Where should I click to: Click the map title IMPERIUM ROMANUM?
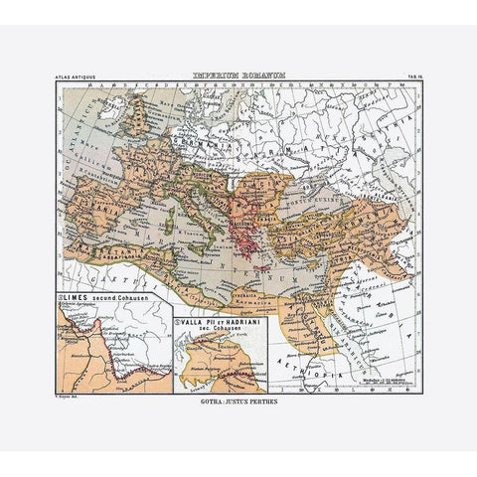click(x=238, y=76)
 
